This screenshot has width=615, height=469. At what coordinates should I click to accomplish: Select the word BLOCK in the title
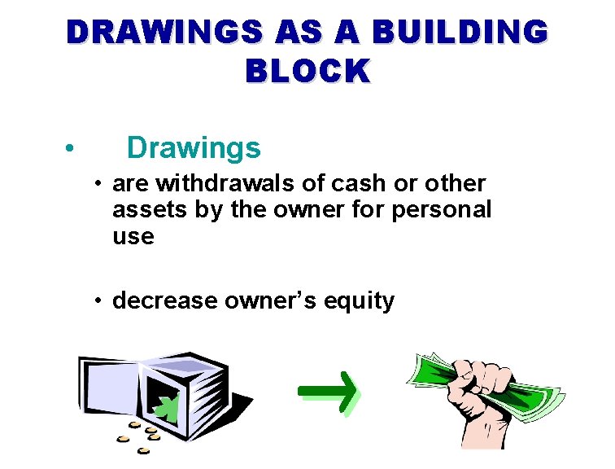pos(307,71)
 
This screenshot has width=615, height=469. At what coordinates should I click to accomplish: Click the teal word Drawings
pos(194,148)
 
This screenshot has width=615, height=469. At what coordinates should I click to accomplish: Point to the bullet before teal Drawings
pos(72,149)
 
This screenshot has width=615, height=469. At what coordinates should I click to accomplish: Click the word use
pos(133,237)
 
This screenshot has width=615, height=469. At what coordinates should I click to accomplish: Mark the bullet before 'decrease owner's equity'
pos(97,301)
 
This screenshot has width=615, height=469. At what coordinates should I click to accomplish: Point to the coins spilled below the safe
pos(138,436)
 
